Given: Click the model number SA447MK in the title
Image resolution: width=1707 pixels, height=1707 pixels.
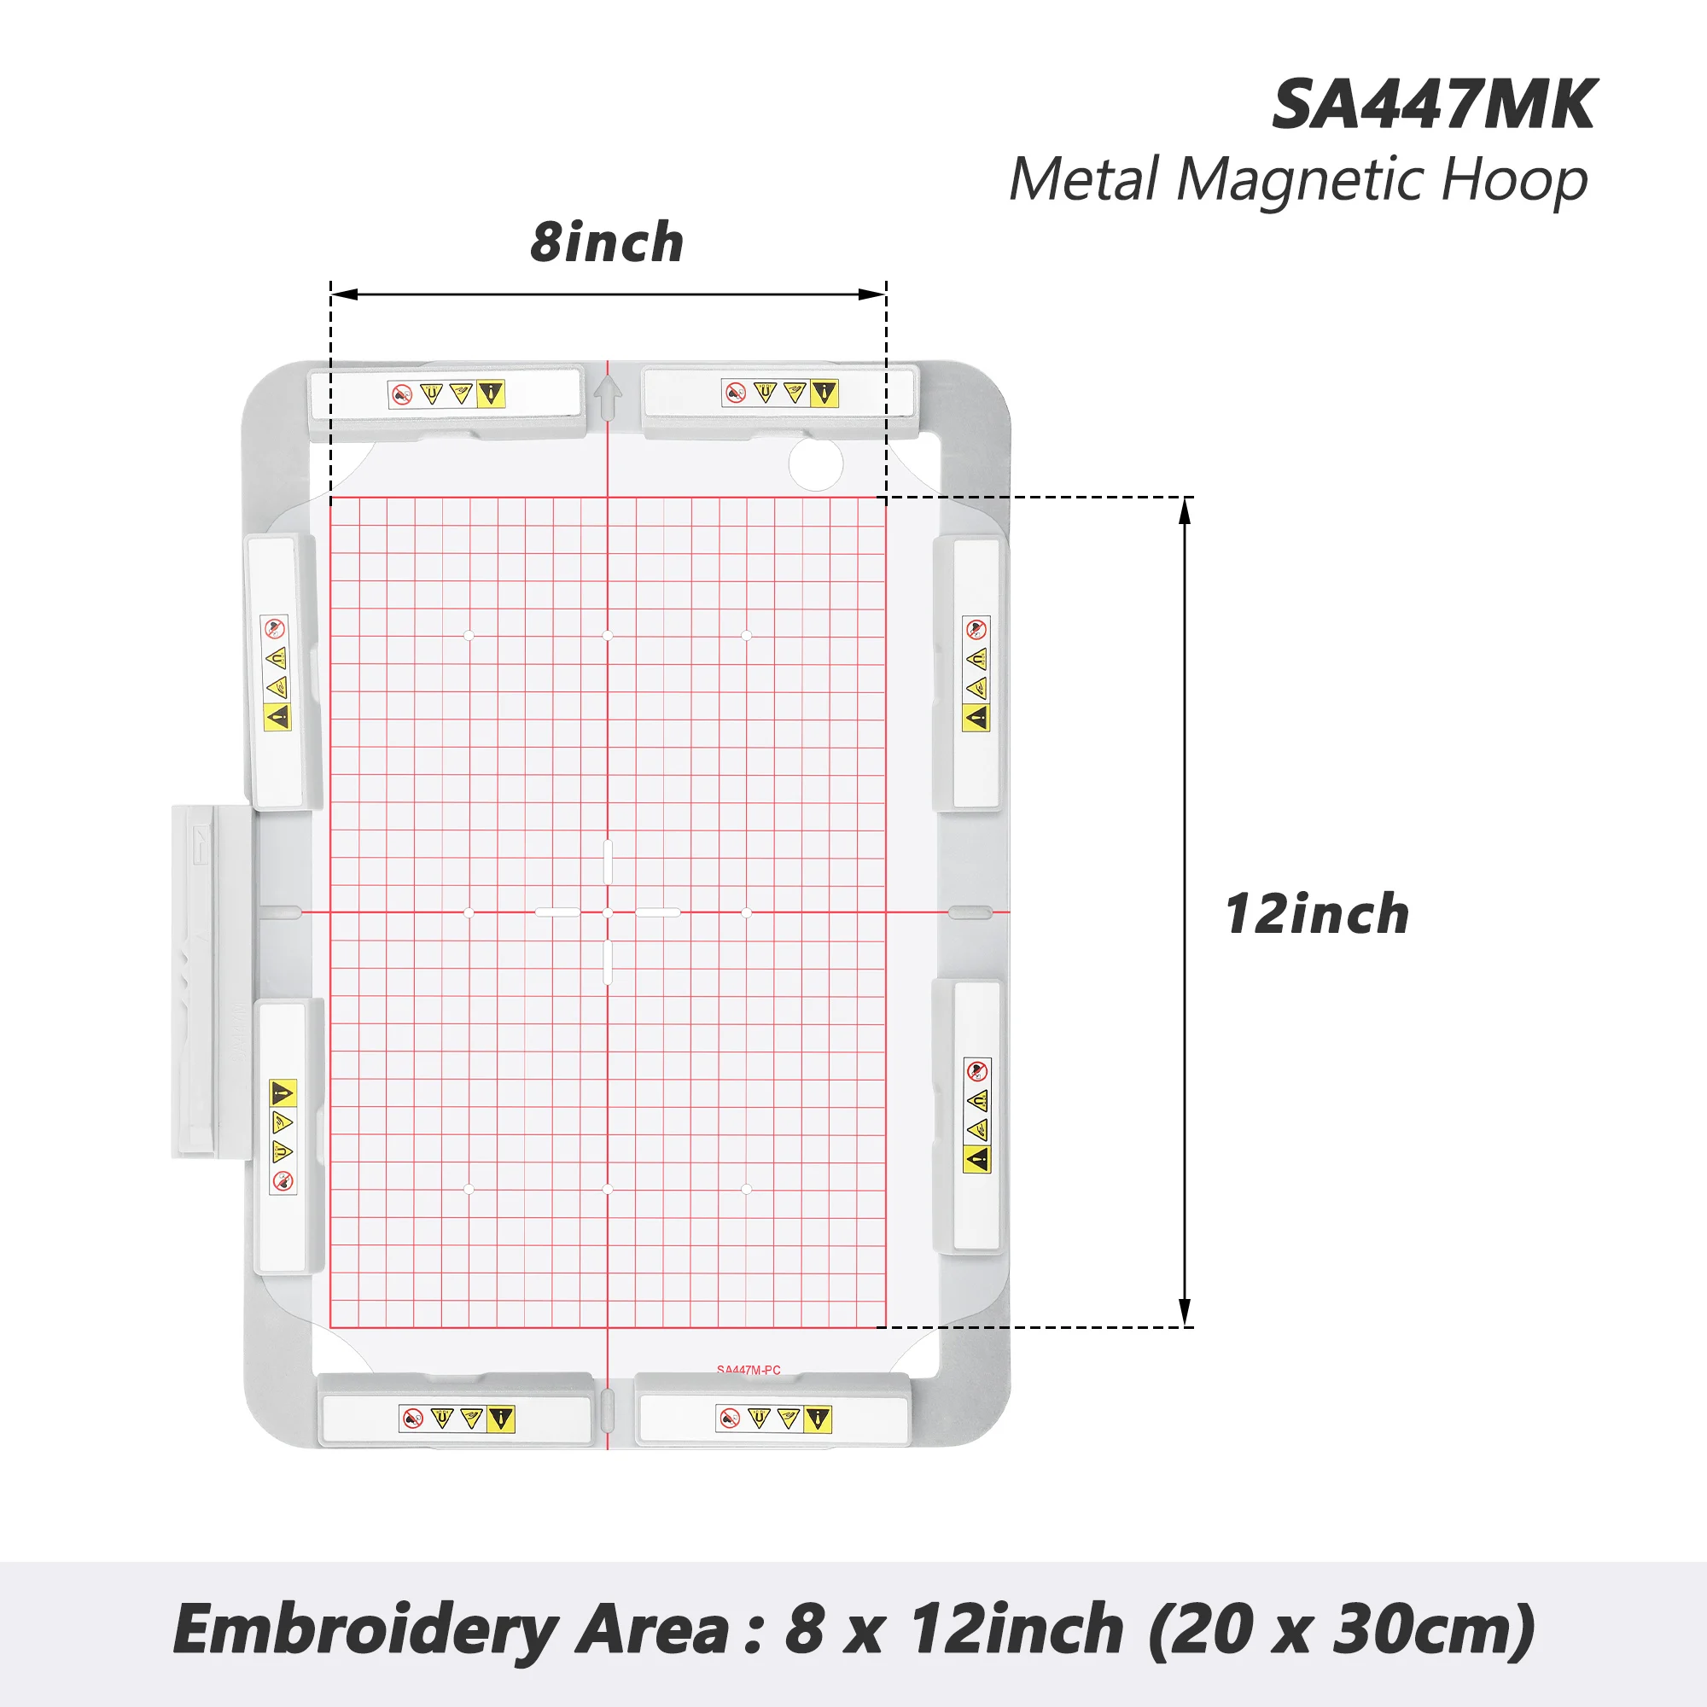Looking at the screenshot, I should (x=1433, y=105).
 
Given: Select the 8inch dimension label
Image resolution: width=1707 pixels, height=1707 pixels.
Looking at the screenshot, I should (x=607, y=242).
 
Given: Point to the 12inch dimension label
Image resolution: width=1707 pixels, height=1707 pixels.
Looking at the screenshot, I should (x=1315, y=913).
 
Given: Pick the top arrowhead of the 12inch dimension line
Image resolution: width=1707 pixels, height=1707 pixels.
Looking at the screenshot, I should (x=1185, y=510).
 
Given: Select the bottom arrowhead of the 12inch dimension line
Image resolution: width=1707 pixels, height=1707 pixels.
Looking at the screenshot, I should (x=1185, y=1313).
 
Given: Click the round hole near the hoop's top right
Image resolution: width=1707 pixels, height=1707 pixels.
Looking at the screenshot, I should (x=815, y=463).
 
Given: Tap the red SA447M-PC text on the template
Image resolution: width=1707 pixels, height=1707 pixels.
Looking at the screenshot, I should (x=749, y=1370).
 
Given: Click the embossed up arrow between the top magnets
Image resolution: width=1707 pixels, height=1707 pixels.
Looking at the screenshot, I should (x=607, y=397).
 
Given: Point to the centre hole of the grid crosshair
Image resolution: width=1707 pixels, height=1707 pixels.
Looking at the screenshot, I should (x=607, y=912).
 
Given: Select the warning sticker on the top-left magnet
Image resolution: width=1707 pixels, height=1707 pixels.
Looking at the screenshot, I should (x=446, y=394).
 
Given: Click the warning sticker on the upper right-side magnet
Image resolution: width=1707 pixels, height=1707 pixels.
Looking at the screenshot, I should (x=976, y=673).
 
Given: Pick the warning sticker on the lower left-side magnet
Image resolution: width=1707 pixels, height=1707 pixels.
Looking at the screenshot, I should (x=282, y=1137).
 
